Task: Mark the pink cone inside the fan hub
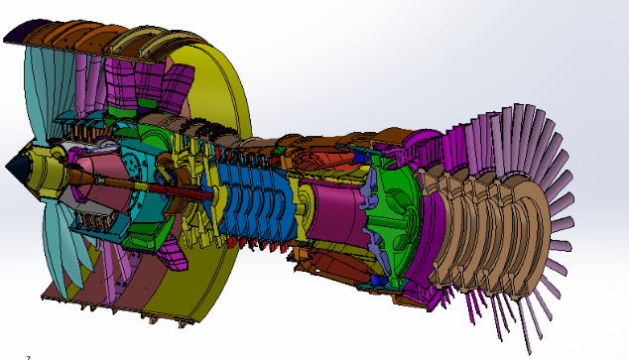tap(94, 179)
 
